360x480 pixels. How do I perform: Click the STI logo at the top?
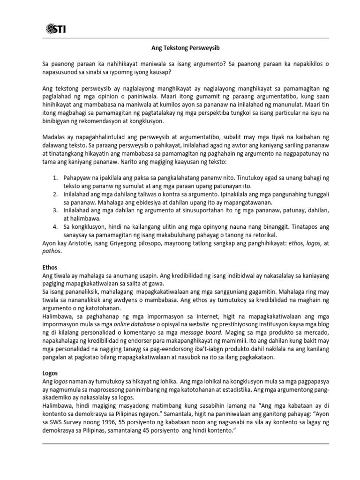(56, 30)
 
